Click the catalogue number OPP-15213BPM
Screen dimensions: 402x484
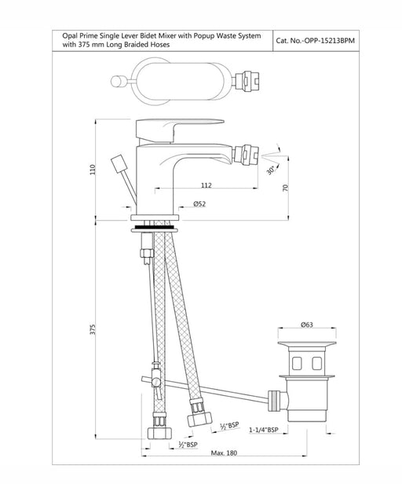(x=330, y=41)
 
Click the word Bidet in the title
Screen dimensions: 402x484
(x=148, y=36)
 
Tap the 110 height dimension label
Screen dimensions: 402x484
(x=93, y=170)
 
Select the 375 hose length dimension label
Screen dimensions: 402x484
(x=93, y=329)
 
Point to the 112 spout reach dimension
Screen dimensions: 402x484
(x=206, y=185)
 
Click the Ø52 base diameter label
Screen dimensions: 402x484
(x=199, y=203)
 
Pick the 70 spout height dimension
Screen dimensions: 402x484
(x=285, y=187)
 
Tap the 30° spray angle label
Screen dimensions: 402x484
(x=271, y=170)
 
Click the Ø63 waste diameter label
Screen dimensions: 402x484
(x=307, y=324)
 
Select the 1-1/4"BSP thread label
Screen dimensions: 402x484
(x=264, y=430)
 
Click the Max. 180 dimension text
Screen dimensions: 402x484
(x=224, y=453)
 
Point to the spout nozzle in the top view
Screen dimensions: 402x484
(x=247, y=81)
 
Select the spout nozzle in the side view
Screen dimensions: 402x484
(x=246, y=155)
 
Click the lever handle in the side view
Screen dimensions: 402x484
(x=180, y=130)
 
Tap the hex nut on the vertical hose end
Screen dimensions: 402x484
(x=159, y=432)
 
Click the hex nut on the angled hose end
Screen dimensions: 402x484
(x=199, y=418)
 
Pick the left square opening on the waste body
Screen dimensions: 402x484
(x=297, y=363)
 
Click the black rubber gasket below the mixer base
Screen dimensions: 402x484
(x=154, y=227)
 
